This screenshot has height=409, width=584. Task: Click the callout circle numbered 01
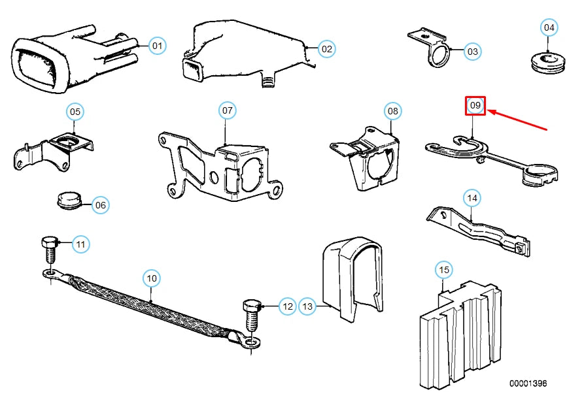click(158, 46)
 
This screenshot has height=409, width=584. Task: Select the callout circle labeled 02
click(326, 49)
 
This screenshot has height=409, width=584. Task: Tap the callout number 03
click(472, 52)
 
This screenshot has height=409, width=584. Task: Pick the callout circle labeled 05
click(75, 112)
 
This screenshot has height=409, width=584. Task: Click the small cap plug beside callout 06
click(69, 201)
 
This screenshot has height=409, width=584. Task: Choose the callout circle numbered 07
click(227, 110)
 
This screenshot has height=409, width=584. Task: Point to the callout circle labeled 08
click(392, 111)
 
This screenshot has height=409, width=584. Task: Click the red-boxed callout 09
click(475, 106)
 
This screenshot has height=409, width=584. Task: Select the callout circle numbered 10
click(152, 278)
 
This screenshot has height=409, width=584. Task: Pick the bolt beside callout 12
click(252, 315)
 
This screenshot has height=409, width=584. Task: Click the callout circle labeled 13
click(307, 306)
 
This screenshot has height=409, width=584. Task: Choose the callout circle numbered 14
click(472, 198)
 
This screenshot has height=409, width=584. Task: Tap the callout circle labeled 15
click(444, 270)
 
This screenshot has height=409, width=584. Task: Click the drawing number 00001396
click(528, 384)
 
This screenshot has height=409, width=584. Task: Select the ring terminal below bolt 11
click(51, 275)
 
